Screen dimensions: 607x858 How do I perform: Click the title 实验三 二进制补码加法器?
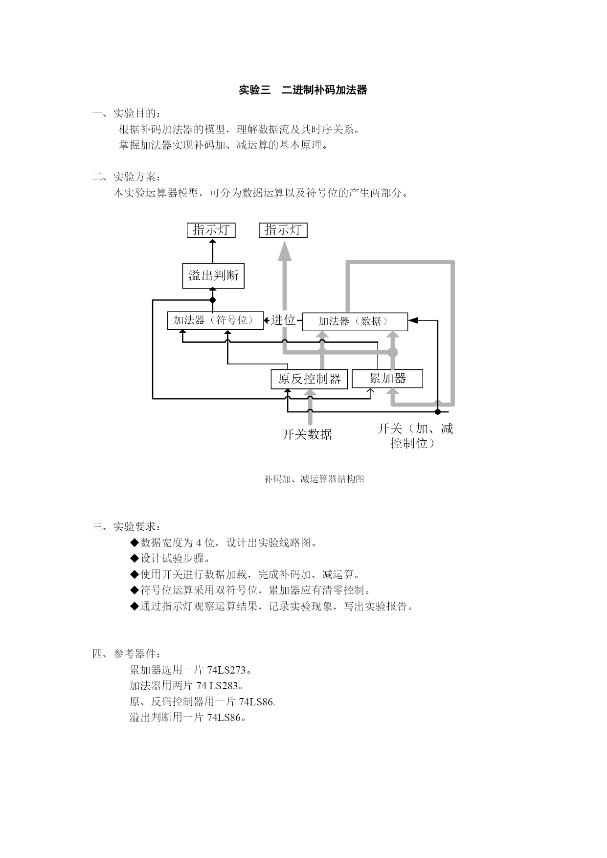click(x=303, y=90)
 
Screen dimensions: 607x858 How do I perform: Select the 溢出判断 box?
click(x=213, y=276)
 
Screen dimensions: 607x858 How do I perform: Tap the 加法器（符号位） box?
click(x=215, y=320)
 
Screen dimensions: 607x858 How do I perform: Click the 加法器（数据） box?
click(x=355, y=321)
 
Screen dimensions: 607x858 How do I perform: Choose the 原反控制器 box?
click(x=310, y=379)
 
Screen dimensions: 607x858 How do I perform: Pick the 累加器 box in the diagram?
click(x=387, y=379)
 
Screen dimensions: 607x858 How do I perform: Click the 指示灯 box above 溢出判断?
click(x=211, y=230)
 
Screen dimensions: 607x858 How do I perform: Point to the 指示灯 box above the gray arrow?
click(x=283, y=230)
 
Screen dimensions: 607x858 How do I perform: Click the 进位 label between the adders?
click(x=284, y=320)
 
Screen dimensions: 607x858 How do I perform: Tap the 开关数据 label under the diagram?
click(x=307, y=434)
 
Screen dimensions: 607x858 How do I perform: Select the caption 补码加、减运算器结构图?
click(x=314, y=479)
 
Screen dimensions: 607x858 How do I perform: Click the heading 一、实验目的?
click(x=126, y=113)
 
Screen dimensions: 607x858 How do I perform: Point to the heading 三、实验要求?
click(x=126, y=527)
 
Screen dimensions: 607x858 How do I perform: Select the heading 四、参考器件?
click(x=126, y=654)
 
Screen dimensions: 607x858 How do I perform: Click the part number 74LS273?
click(x=226, y=670)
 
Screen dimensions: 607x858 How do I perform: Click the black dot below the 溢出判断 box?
click(x=213, y=300)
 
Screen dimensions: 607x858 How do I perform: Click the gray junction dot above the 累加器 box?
click(x=393, y=352)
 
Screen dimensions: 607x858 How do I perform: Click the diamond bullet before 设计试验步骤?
click(x=135, y=558)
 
